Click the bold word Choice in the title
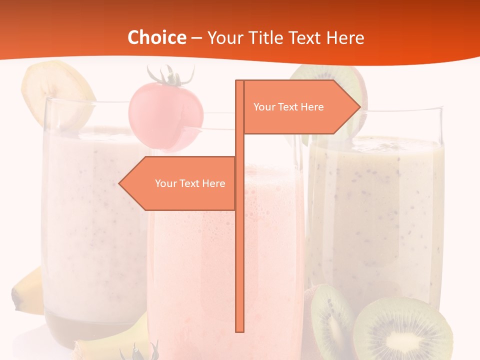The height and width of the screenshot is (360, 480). [156, 37]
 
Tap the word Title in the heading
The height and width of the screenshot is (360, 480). [269, 37]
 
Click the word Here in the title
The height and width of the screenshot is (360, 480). [345, 37]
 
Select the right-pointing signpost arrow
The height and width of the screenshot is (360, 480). [300, 107]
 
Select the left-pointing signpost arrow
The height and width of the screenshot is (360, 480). [177, 183]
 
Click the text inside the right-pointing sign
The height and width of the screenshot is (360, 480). [288, 107]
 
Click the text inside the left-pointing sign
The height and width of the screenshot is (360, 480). [190, 183]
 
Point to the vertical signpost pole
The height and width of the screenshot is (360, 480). [240, 250]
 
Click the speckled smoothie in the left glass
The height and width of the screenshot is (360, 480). [90, 215]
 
